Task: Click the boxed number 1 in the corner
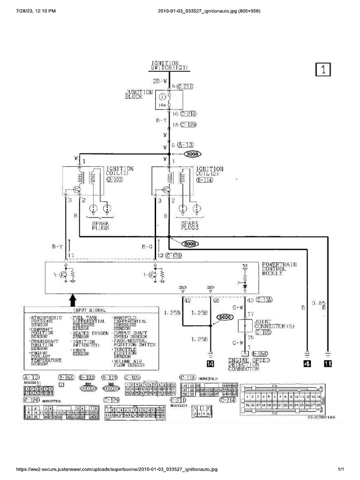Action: point(323,69)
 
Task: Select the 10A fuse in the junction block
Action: point(162,99)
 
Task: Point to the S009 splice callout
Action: point(191,244)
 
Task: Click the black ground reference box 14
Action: point(210,363)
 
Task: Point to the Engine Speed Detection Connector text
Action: point(243,364)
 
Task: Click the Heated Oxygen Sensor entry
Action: point(91,333)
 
